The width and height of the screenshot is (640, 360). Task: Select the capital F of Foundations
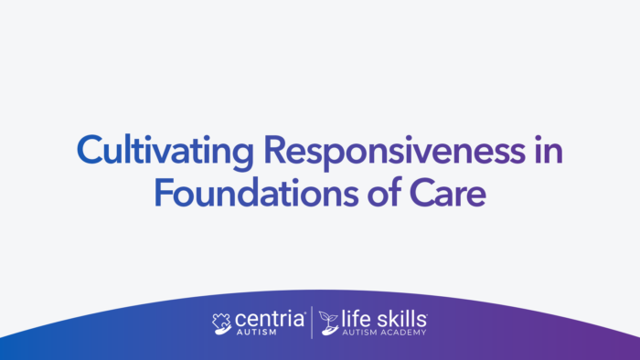[x=161, y=192]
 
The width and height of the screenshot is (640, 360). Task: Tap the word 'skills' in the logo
[x=399, y=319]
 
